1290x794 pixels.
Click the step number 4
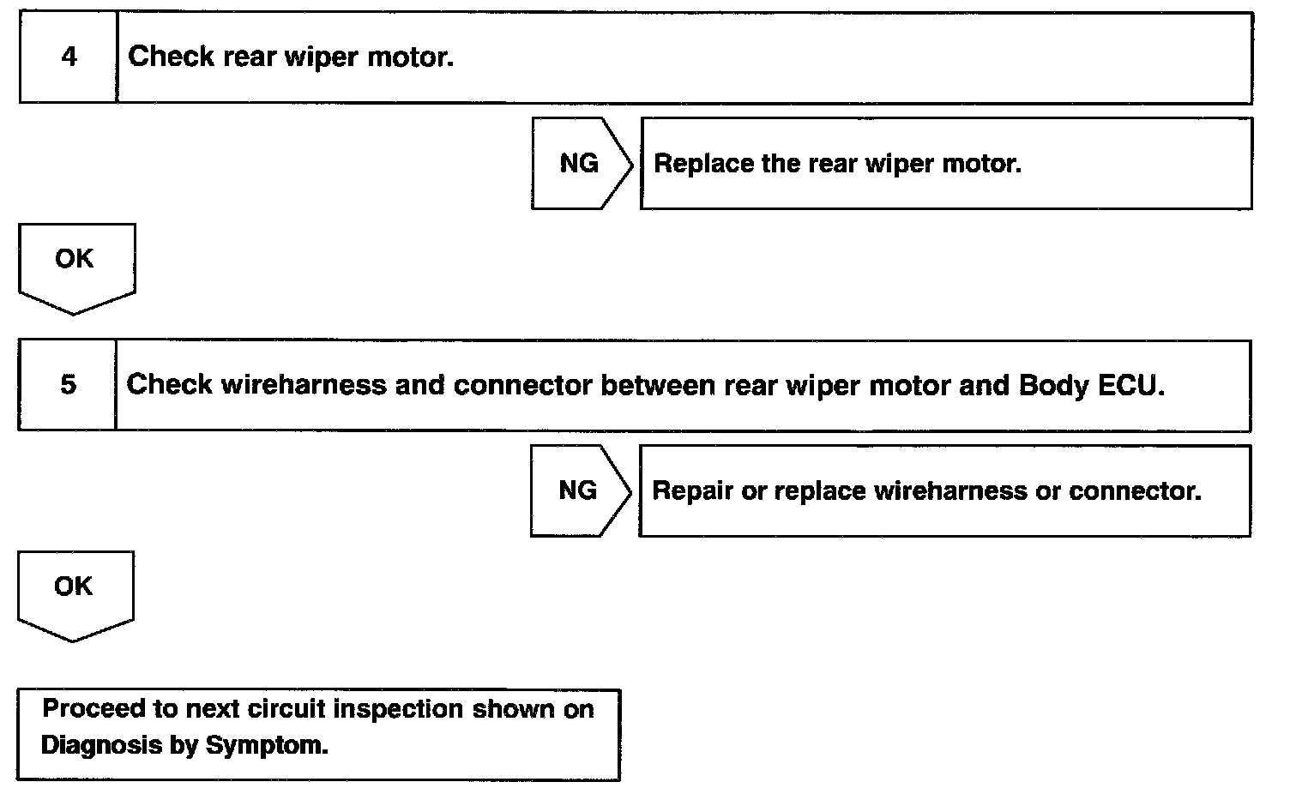coord(69,57)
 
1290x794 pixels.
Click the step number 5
coord(68,385)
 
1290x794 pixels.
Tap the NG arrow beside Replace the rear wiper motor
coord(582,164)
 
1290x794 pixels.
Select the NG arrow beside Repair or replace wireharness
coord(581,491)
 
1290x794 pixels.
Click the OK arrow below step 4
coord(76,269)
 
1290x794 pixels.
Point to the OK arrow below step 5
coord(75,597)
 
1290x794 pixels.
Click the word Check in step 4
coord(171,57)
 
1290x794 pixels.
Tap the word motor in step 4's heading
coord(411,57)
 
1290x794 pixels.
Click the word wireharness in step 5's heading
coord(304,385)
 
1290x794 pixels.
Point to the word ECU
coord(1131,385)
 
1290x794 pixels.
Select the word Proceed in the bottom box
coord(93,709)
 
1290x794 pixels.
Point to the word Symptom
coord(267,746)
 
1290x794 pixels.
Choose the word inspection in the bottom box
coord(398,710)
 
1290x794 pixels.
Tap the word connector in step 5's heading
coord(523,386)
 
